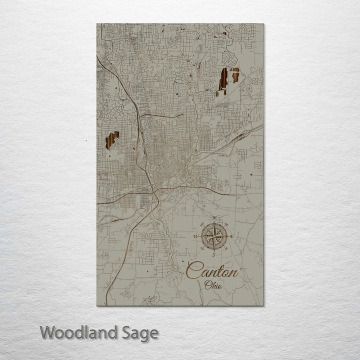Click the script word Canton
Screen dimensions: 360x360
pos(211,271)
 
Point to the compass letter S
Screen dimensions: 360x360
pos(214,254)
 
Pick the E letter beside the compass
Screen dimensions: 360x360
pos(232,236)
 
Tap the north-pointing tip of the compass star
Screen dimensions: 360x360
pos(214,223)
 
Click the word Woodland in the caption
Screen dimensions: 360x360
pos(79,332)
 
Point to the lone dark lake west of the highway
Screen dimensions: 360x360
pos(112,140)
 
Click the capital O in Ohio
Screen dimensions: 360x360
pos(207,284)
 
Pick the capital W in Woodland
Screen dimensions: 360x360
pos(48,332)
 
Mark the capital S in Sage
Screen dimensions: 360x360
pos(126,332)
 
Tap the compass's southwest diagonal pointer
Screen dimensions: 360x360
pos(207,243)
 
